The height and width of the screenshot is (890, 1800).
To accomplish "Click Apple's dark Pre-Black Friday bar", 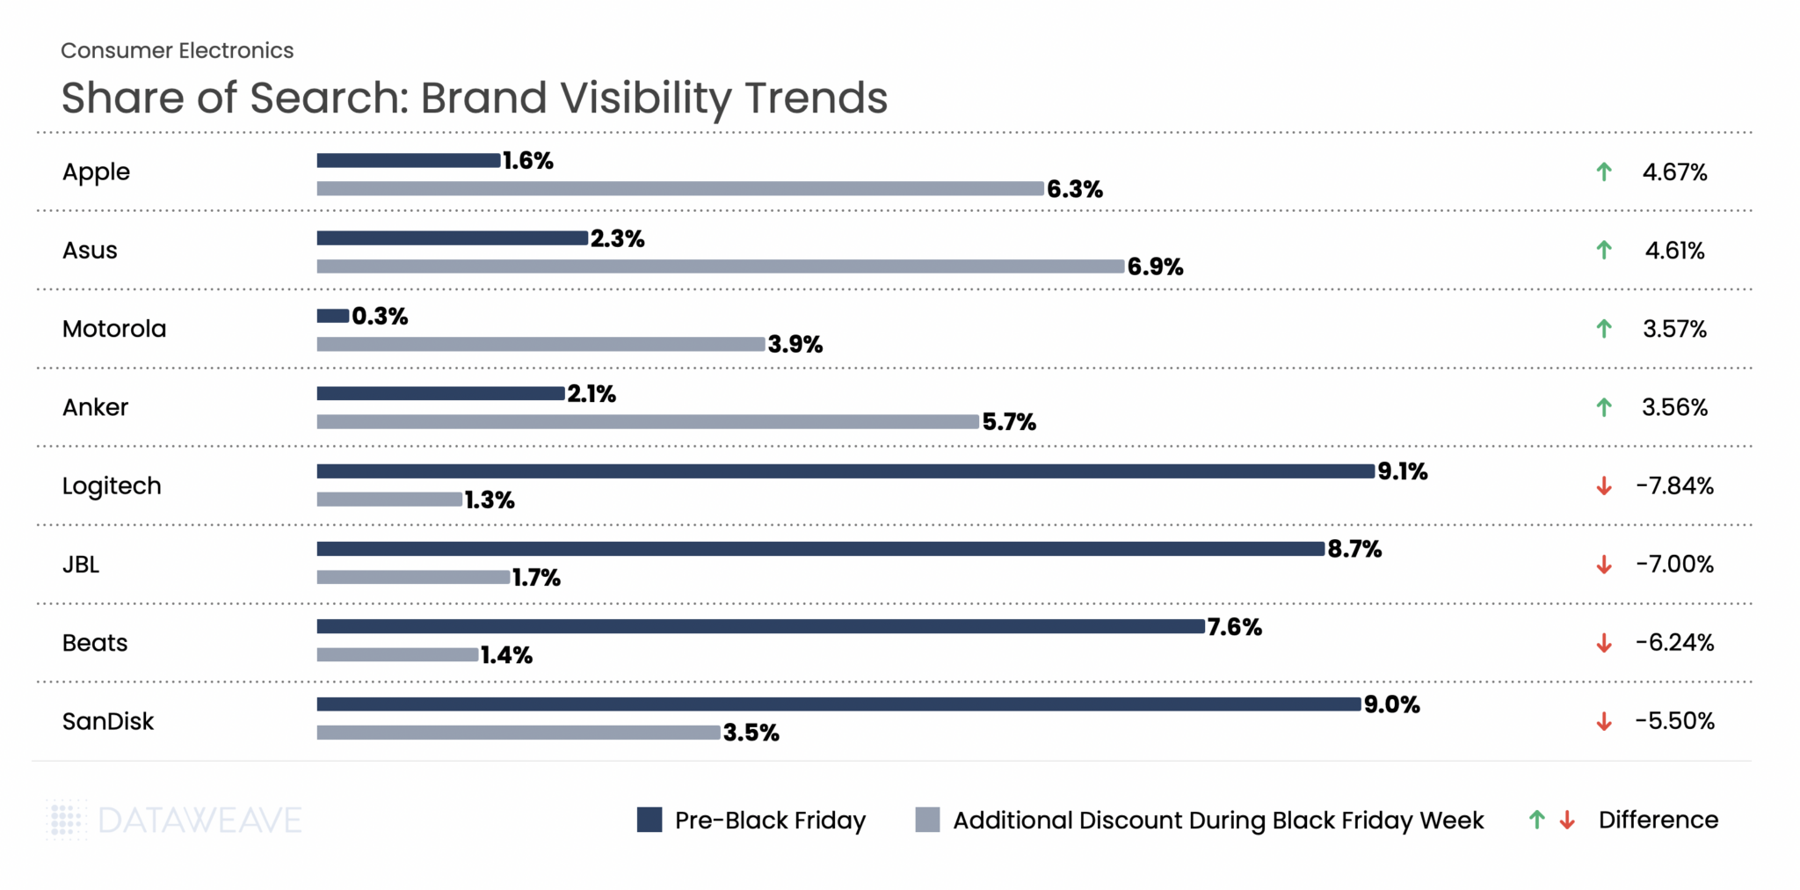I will [409, 160].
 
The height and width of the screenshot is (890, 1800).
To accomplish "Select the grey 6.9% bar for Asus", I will [721, 266].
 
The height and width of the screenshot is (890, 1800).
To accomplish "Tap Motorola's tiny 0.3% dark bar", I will [333, 316].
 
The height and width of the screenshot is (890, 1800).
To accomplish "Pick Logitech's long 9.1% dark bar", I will [846, 471].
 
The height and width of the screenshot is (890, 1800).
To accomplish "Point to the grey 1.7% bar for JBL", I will [413, 578].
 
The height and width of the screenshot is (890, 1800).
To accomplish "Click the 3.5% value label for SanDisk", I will [751, 733].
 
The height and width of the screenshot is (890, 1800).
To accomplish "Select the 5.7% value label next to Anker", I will [1009, 422].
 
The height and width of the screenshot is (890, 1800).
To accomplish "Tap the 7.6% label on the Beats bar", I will [1234, 627].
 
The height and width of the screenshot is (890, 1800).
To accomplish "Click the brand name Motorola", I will [114, 329].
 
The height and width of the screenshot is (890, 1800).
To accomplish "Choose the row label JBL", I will [81, 565].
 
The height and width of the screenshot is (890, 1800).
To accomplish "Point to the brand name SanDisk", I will [108, 721].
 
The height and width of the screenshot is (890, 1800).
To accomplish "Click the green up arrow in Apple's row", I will [1604, 172].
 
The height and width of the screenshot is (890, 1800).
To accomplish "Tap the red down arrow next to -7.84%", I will [1604, 486].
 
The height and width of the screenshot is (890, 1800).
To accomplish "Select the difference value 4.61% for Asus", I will [1674, 251].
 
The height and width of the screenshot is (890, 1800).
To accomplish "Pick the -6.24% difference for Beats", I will [1674, 643].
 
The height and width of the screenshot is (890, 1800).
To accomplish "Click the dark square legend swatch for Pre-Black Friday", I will [650, 820].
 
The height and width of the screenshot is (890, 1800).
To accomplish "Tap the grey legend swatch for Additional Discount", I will [927, 820].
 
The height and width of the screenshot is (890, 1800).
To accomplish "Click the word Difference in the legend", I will [1658, 820].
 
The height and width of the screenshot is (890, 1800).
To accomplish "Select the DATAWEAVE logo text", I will [200, 821].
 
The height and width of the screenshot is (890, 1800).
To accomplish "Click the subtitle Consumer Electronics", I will [178, 51].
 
